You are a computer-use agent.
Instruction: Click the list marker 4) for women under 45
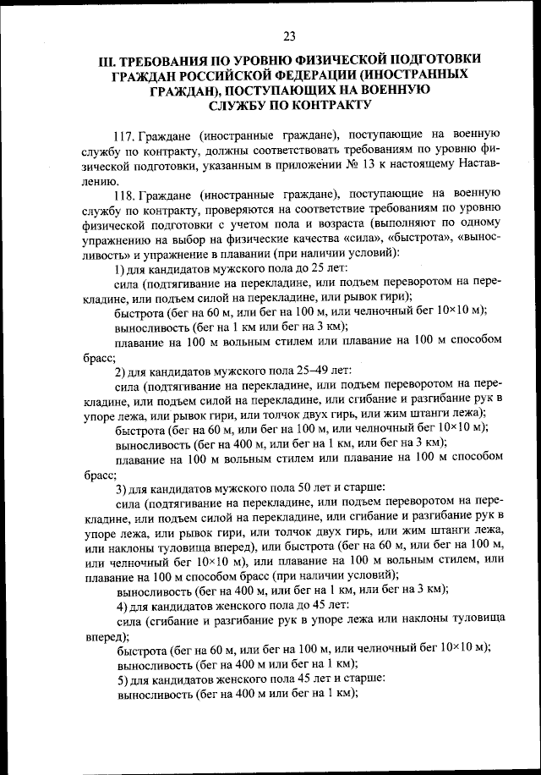121,606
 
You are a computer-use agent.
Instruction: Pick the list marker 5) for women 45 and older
121,680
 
